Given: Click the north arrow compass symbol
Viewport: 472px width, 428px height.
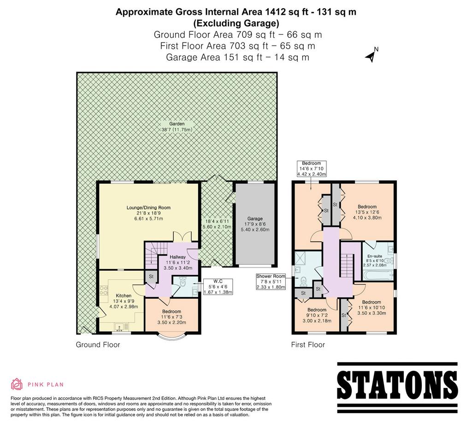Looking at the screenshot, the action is [372, 55].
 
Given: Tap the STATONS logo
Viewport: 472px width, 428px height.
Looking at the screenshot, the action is [397, 385].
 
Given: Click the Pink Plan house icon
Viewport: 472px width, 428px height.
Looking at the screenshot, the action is [17, 384].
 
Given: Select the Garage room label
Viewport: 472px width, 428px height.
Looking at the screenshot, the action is [255, 219].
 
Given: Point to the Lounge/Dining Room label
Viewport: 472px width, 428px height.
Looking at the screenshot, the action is [148, 208].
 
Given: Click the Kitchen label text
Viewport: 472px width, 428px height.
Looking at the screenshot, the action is [124, 296].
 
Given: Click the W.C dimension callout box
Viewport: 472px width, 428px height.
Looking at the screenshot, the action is [218, 286].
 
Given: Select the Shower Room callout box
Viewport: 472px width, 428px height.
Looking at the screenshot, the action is [271, 281].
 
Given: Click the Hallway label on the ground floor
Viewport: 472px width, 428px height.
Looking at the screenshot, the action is [177, 257].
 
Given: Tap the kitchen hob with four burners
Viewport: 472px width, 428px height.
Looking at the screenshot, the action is [104, 290].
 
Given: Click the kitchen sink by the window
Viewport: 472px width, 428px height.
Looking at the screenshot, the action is [122, 327].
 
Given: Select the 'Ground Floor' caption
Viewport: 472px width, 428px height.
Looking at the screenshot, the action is [98, 345].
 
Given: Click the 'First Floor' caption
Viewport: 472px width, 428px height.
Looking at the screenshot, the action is [308, 345].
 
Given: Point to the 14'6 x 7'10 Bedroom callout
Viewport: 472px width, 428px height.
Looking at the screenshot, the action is [312, 169].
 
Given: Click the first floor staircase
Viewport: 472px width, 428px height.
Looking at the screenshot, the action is [347, 265].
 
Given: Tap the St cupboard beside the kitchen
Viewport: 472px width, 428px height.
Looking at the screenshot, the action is [151, 277].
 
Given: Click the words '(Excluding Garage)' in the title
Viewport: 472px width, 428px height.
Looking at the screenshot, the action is [236, 23].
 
